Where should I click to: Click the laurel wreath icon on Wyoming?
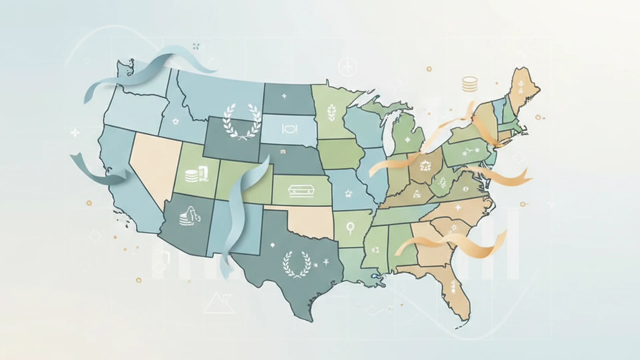coord(242,122)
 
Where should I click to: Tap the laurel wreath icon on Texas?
coord(297,264)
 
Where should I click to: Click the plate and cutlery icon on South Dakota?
coord(289,129)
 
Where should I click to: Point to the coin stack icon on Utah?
coord(191,176)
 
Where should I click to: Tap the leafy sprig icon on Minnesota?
coord(332,112)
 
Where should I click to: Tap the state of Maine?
coord(522,88)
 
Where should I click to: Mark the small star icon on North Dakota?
coord(284,96)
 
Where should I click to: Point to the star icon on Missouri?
coord(348,193)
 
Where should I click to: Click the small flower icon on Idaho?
coord(176,122)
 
